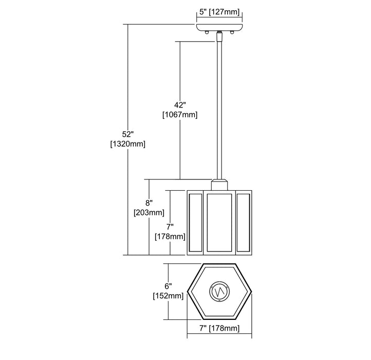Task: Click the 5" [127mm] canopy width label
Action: [x=219, y=12]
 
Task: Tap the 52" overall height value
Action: [x=128, y=134]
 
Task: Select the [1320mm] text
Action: [x=128, y=144]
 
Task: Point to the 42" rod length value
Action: [x=180, y=105]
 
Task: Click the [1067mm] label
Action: [x=180, y=115]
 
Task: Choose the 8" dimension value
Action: [x=149, y=203]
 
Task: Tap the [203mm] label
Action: [x=149, y=212]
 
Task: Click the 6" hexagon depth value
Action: [x=168, y=286]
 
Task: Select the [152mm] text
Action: [x=168, y=296]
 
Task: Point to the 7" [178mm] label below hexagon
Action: [x=219, y=328]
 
